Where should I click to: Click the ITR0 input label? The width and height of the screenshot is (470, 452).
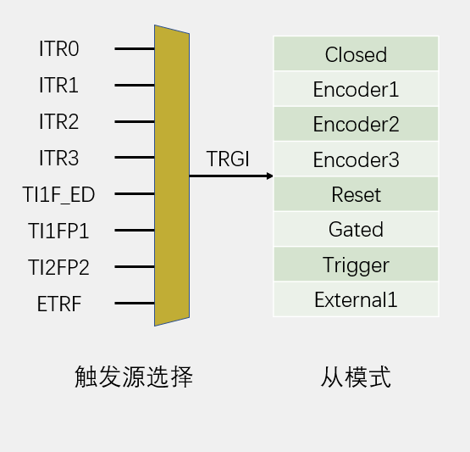point(59,48)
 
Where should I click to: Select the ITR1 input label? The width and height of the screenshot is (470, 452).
point(58,86)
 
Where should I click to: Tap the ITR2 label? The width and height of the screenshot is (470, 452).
point(59,121)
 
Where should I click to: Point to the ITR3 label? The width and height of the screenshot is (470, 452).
point(59,158)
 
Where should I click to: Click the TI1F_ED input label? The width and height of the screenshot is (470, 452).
point(58,195)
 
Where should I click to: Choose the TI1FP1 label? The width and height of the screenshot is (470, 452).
point(58,231)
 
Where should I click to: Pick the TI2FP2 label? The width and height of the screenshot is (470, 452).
point(58,267)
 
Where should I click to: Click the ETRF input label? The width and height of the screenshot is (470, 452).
point(59,304)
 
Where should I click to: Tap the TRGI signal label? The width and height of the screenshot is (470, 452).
point(228,159)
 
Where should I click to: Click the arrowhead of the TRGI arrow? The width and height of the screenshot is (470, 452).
point(270,176)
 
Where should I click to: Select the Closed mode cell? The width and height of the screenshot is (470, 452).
point(356,53)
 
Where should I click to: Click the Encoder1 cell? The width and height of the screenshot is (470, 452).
point(356,89)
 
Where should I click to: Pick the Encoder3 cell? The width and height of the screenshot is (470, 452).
point(356,159)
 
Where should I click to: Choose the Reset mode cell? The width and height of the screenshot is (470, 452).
point(356,194)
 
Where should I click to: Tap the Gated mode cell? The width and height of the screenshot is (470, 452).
point(356,229)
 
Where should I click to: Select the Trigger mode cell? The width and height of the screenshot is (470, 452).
point(356,265)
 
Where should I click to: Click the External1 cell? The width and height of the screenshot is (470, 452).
point(356,299)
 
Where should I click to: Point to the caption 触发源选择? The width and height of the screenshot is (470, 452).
point(134,377)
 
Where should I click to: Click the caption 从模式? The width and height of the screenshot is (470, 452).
point(356,377)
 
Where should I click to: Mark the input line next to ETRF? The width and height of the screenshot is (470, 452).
point(135,303)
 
